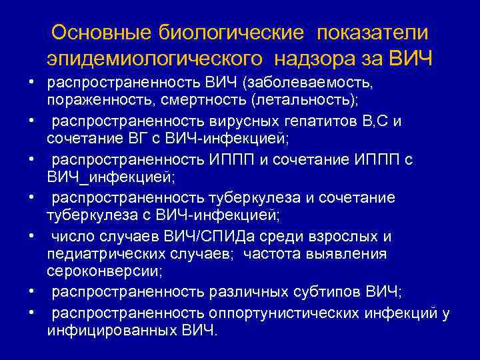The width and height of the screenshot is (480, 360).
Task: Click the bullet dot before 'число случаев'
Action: click(x=31, y=237)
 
